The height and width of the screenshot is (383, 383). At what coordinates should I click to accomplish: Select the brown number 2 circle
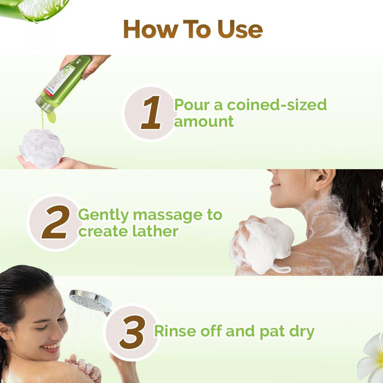point(55,222)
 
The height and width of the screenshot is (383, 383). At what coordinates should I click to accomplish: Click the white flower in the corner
point(372,359)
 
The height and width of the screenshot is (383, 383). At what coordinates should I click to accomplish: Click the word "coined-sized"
point(277,105)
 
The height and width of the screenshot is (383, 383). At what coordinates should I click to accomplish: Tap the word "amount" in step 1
point(204,122)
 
